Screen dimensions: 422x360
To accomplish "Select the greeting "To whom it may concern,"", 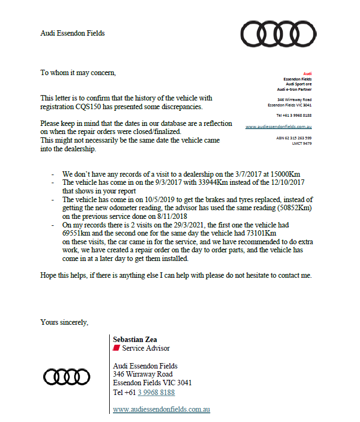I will point(78,72).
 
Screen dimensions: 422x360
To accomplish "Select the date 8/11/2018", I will point(156,216).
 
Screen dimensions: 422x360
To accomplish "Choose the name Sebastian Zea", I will point(135,340).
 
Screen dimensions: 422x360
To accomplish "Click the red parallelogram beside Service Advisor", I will point(116,349).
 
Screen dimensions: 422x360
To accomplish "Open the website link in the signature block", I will point(161,410).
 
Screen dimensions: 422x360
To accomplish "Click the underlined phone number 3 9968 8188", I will point(156,393).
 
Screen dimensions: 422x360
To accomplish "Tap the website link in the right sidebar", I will point(278,126).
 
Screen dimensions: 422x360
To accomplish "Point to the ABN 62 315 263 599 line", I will point(294,138).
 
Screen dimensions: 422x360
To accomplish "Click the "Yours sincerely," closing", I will point(64,322).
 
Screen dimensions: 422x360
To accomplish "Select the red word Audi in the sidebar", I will point(307,73).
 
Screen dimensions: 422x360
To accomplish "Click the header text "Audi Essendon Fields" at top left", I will point(72,34).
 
